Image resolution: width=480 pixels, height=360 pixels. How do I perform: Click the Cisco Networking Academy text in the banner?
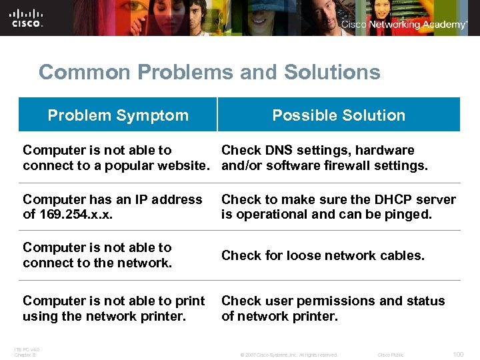404,25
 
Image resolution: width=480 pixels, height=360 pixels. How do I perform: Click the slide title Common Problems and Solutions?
209,72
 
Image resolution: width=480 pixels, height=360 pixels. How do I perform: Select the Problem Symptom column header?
118,115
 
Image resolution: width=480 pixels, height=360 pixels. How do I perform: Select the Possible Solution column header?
339,115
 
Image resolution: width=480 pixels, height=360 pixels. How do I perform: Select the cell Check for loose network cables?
323,255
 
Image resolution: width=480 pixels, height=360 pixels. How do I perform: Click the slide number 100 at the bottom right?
457,355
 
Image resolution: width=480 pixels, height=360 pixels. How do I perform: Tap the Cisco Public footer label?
391,355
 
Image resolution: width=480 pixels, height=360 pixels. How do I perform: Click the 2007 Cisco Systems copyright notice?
289,355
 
